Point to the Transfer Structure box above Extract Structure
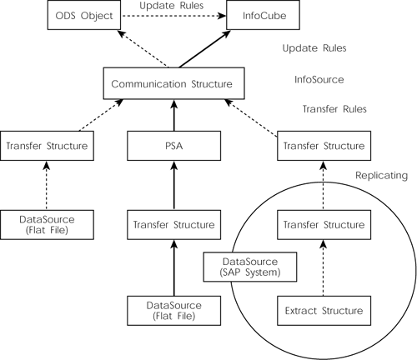[x=321, y=225]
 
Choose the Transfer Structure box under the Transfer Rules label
[x=321, y=146]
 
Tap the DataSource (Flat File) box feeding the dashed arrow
[x=47, y=225]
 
